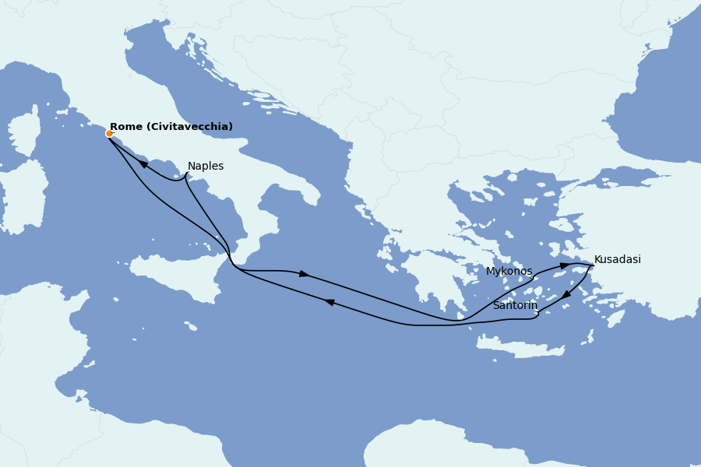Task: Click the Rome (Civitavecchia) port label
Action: [171, 127]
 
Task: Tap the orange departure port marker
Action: [109, 133]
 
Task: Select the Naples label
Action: [206, 167]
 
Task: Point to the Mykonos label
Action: [509, 272]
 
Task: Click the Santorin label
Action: [515, 306]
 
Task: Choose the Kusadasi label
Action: [617, 260]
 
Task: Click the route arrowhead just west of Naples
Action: [144, 164]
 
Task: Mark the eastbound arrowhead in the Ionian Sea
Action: [304, 274]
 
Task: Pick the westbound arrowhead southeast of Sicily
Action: [329, 302]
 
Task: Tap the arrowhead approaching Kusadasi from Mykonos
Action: [564, 266]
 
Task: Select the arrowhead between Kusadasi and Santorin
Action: [566, 295]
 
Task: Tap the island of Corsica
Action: [25, 132]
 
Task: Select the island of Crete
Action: [518, 347]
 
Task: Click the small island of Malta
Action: [192, 328]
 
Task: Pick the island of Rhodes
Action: [615, 318]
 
